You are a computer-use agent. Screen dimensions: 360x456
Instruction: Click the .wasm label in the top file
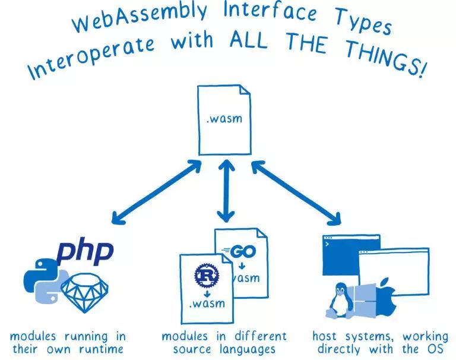(x=224, y=118)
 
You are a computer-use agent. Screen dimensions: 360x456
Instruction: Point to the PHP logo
(x=84, y=252)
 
